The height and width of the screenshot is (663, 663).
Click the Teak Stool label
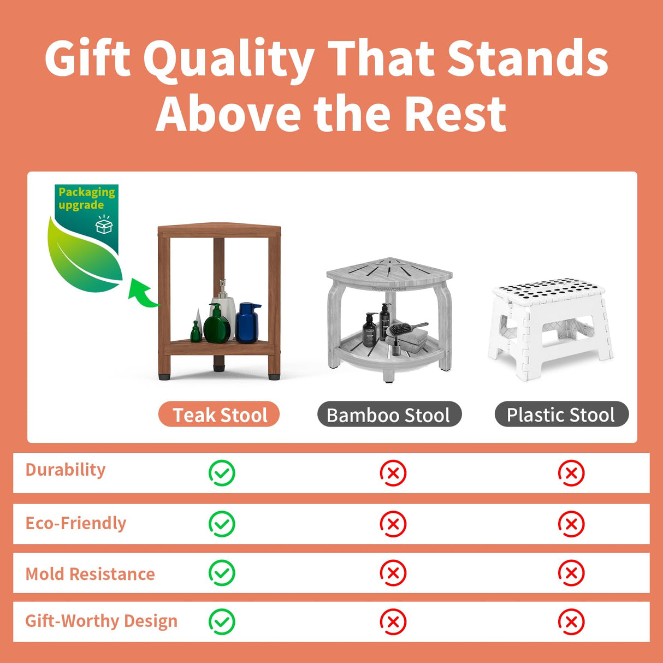pyautogui.click(x=219, y=415)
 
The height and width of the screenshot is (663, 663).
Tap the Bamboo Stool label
pyautogui.click(x=389, y=415)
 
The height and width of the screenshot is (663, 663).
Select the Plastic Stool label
pyautogui.click(x=561, y=415)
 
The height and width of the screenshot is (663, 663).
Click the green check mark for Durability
pyautogui.click(x=222, y=473)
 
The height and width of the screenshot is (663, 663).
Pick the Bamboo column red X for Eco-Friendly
pyautogui.click(x=393, y=524)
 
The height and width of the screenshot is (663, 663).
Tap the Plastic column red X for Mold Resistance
pyautogui.click(x=571, y=573)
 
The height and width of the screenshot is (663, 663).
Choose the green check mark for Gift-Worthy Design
pyautogui.click(x=222, y=622)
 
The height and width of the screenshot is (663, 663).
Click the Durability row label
pyautogui.click(x=66, y=470)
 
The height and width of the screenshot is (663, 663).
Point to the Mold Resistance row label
pyautogui.click(x=90, y=574)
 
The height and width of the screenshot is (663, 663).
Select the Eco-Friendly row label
pyautogui.click(x=76, y=523)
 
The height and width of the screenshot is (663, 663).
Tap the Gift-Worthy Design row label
pyautogui.click(x=101, y=621)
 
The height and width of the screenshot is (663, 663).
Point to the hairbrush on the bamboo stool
pyautogui.click(x=406, y=329)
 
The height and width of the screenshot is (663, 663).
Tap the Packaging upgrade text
pyautogui.click(x=86, y=198)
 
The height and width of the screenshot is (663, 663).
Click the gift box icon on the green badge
pyautogui.click(x=104, y=225)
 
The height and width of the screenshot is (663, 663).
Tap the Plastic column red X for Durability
pyautogui.click(x=571, y=473)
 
